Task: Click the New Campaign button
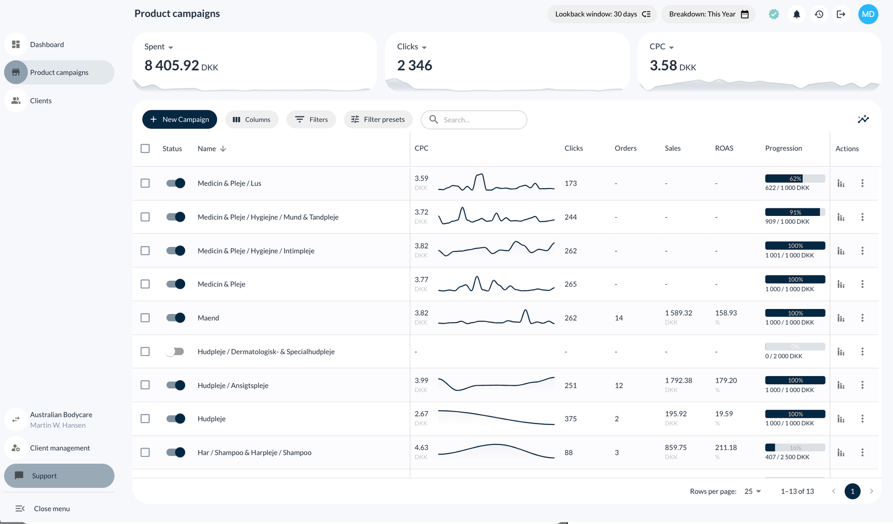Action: (x=180, y=120)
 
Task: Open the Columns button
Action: (x=252, y=120)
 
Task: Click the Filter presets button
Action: (x=378, y=120)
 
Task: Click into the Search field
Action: (x=479, y=120)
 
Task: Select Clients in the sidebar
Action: (x=41, y=101)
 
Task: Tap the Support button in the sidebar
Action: (x=59, y=476)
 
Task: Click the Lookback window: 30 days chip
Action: (x=602, y=14)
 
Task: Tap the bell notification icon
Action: (x=796, y=14)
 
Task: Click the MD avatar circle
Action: (x=868, y=14)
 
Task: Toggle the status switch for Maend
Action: (x=176, y=318)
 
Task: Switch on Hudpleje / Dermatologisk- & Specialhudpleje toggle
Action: (x=175, y=351)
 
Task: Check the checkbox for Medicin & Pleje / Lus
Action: (x=145, y=183)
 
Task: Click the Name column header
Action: (x=207, y=148)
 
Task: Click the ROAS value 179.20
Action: (x=726, y=380)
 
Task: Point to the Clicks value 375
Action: (x=570, y=419)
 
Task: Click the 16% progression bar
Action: (x=795, y=448)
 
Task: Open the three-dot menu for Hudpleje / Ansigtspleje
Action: (x=862, y=385)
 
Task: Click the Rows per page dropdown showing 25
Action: (x=753, y=491)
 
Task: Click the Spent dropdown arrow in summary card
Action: (x=171, y=47)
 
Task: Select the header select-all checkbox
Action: (x=145, y=148)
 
